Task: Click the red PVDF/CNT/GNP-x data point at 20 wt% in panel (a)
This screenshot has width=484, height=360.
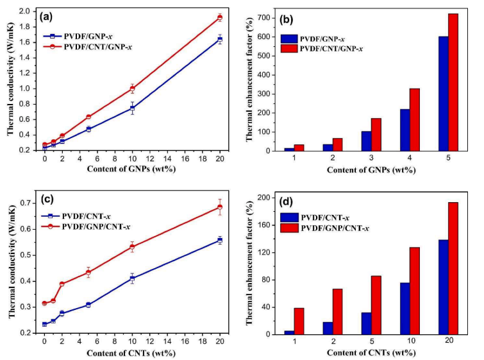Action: (x=219, y=17)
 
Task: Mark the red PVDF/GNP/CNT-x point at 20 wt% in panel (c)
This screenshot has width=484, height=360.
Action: (x=219, y=207)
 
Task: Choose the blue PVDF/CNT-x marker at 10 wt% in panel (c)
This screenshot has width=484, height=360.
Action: (x=132, y=279)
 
